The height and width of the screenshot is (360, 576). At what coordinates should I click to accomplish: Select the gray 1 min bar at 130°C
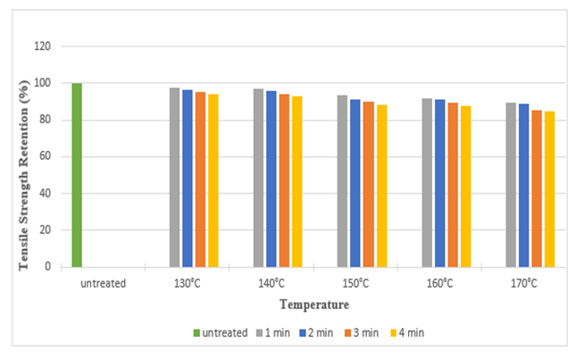[x=174, y=178]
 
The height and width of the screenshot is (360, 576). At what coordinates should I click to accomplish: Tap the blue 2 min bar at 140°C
[x=271, y=179]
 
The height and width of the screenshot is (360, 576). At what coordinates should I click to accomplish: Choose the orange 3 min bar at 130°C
[x=200, y=180]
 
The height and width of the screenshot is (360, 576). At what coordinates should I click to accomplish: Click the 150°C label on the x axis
[x=355, y=283]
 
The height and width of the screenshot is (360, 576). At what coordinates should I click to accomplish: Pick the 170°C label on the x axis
[x=523, y=283]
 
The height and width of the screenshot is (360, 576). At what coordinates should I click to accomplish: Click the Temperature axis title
[x=306, y=305]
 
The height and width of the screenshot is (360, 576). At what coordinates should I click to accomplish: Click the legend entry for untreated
[x=218, y=332]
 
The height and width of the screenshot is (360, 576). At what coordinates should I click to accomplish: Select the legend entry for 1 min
[x=276, y=332]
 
